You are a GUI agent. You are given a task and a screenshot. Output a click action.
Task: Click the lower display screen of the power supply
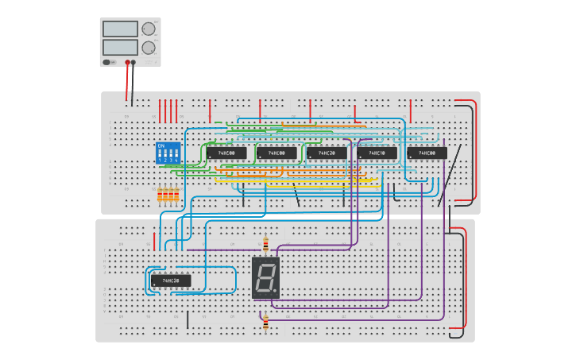(x=120, y=47)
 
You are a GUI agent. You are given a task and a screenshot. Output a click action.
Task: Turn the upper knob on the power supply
(x=149, y=29)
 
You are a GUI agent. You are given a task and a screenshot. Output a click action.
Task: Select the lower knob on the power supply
(x=149, y=47)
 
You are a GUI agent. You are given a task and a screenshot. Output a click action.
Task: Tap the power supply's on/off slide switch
(x=108, y=61)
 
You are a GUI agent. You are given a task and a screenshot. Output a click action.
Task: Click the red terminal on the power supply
(x=126, y=62)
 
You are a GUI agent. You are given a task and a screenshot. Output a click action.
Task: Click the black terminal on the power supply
(x=133, y=62)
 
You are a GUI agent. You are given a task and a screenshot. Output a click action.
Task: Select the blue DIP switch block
(x=167, y=153)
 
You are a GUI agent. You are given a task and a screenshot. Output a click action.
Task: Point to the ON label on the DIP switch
(x=161, y=145)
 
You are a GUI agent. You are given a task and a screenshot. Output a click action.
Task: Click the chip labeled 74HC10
(x=377, y=153)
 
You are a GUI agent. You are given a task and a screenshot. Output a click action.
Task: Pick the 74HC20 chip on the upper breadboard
(x=327, y=153)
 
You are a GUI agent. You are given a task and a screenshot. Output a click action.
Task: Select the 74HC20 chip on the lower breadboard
(x=171, y=281)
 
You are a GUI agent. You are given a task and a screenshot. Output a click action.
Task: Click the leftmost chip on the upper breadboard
(x=226, y=153)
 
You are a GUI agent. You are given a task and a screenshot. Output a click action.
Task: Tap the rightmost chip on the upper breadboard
(x=427, y=153)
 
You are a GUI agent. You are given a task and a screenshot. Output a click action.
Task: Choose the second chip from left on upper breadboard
(x=276, y=153)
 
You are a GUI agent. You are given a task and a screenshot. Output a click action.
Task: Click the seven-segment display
(x=265, y=277)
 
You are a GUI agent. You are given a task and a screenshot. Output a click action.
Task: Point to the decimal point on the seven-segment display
(x=276, y=292)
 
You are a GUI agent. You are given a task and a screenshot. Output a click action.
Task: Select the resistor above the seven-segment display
(x=265, y=245)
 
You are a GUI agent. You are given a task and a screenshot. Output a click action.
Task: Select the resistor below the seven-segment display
(x=265, y=321)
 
